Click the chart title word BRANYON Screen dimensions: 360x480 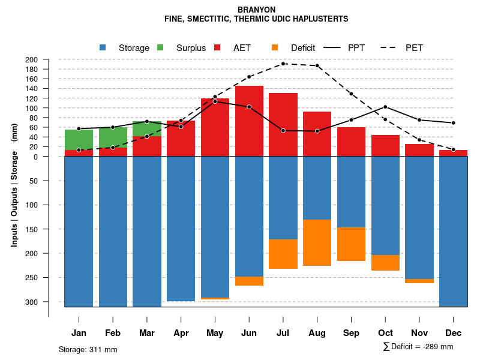click(x=256, y=10)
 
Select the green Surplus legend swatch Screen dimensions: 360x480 click(x=160, y=47)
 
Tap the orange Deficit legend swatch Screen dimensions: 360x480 click(x=275, y=47)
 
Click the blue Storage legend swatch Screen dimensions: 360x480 click(x=103, y=47)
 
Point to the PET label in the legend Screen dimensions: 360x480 click(x=414, y=48)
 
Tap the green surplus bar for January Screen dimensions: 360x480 click(x=79, y=139)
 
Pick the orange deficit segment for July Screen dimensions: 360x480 click(x=283, y=254)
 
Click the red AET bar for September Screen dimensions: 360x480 click(x=351, y=142)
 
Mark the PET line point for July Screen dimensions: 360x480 click(x=283, y=64)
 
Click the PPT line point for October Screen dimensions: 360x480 click(x=385, y=107)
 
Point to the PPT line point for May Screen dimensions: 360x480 click(x=215, y=101)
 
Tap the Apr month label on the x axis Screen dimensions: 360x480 click(x=181, y=333)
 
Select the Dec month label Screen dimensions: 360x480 click(x=454, y=333)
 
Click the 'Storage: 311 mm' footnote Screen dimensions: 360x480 click(x=88, y=349)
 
